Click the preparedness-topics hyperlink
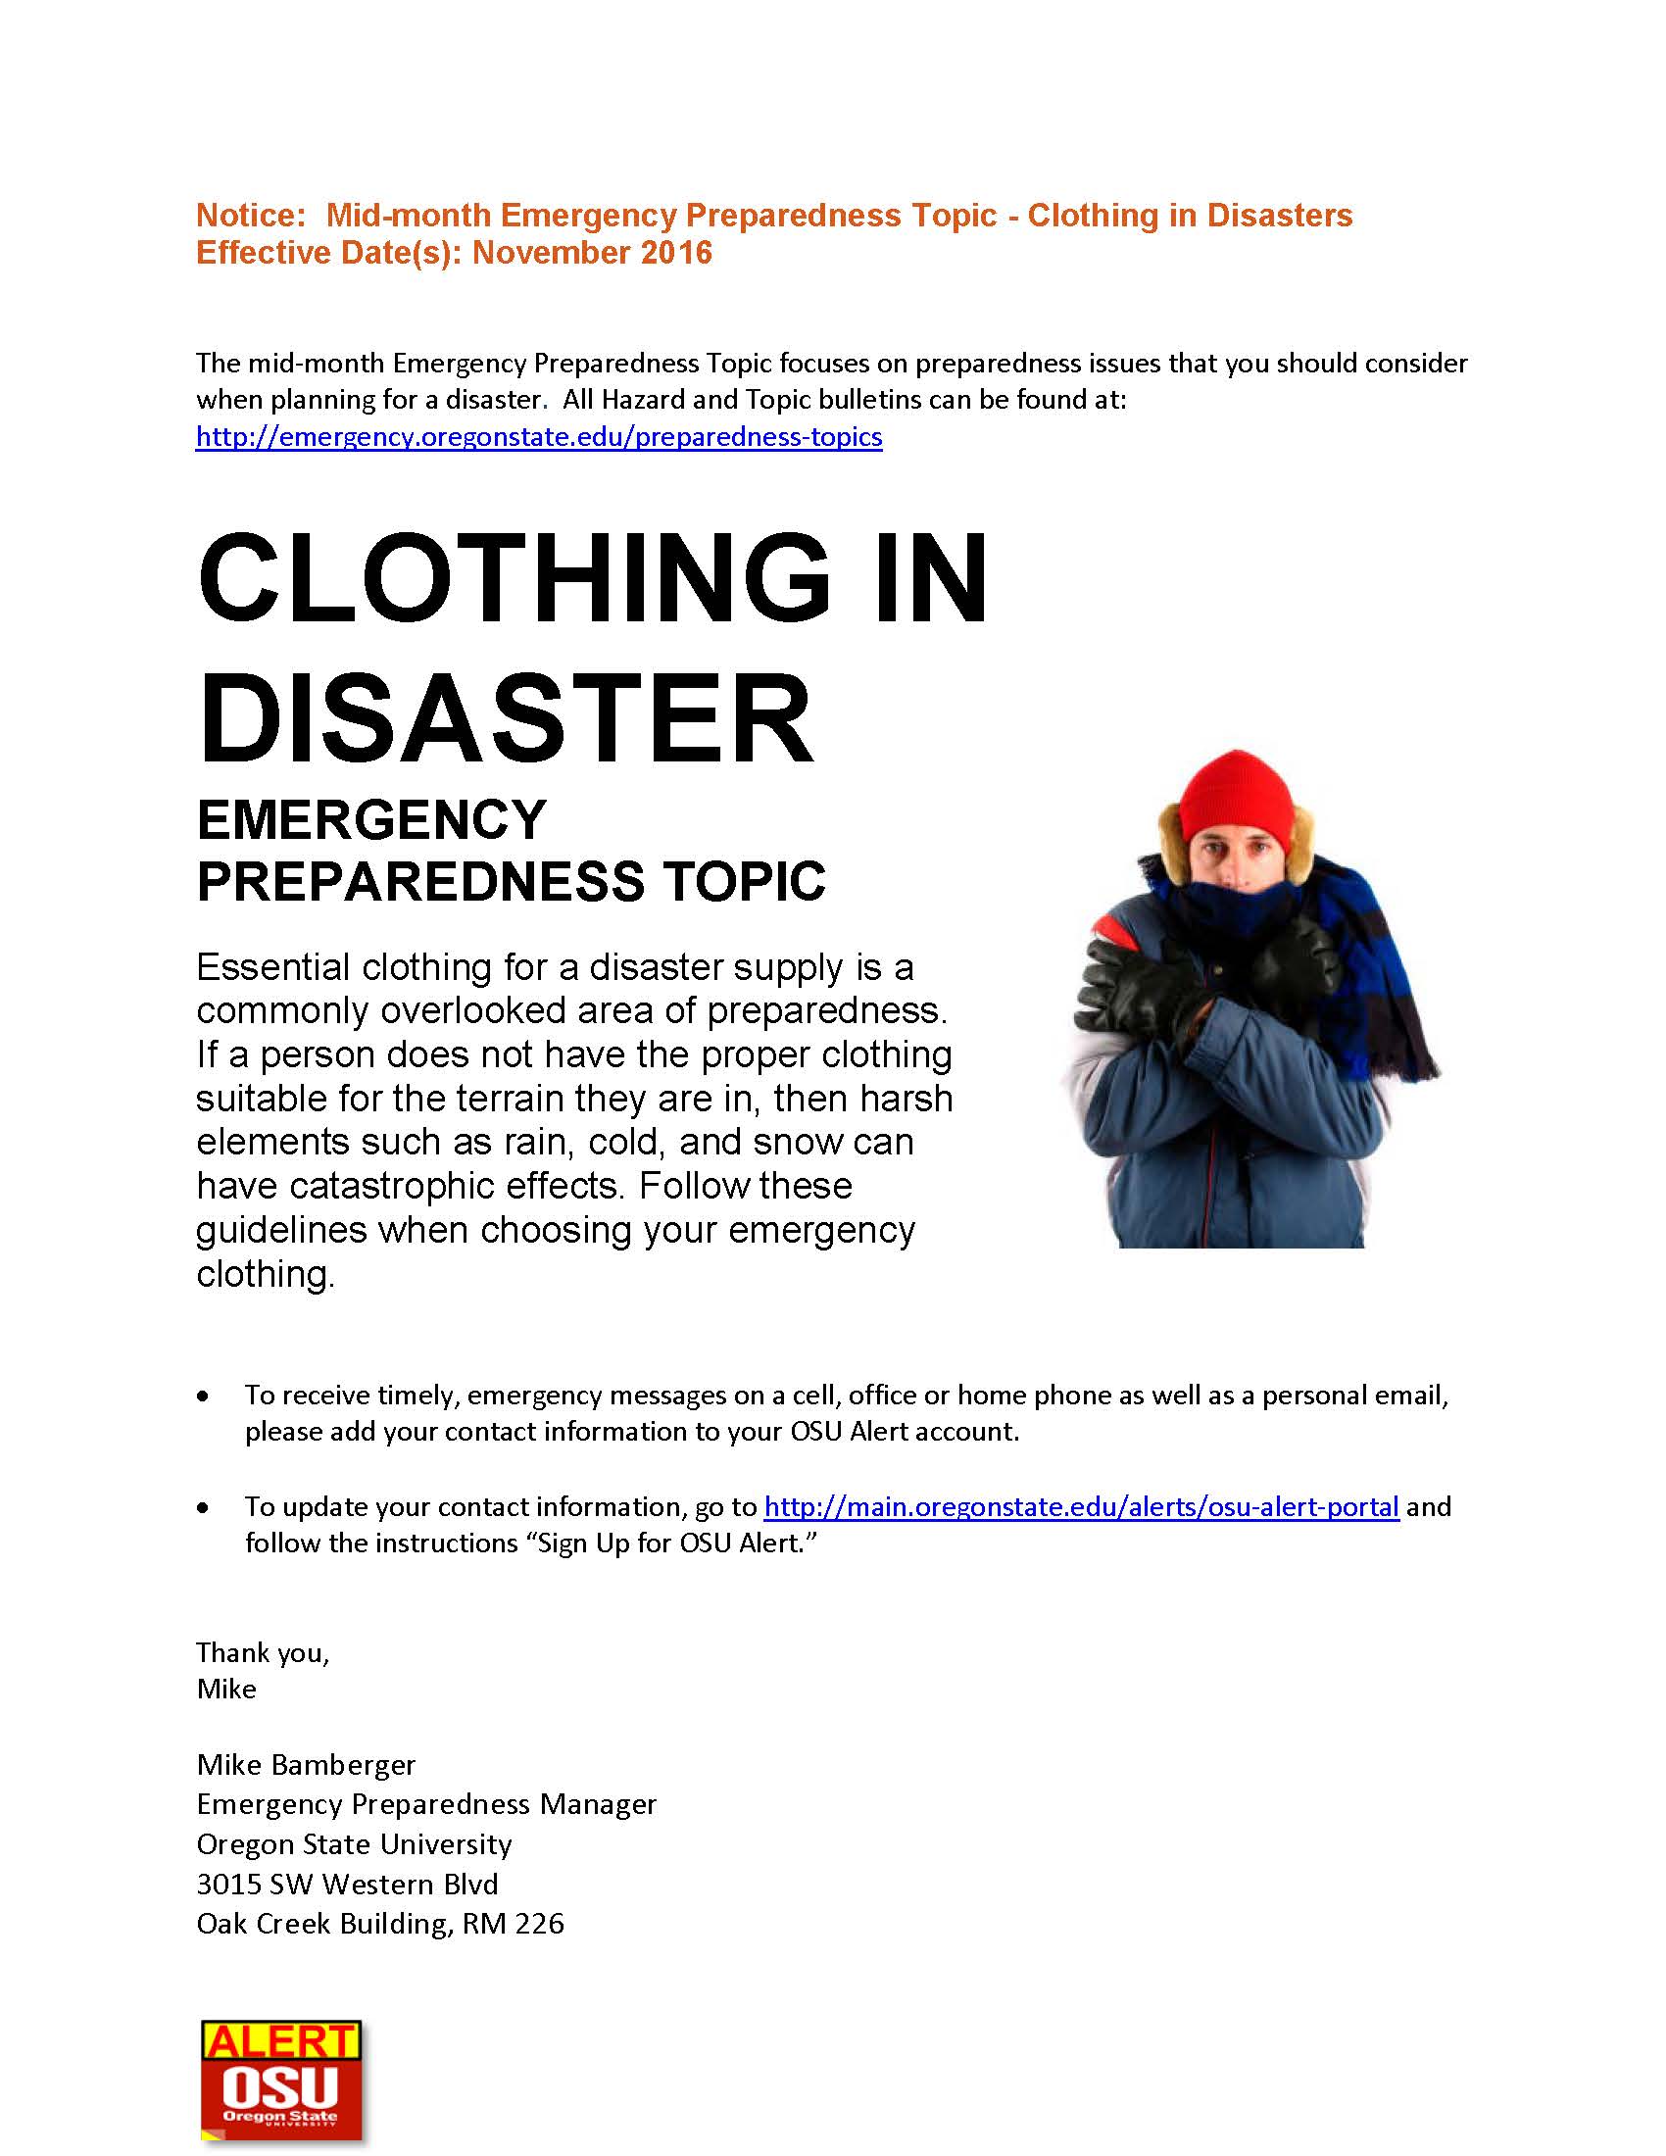539,436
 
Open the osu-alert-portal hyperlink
1082,1506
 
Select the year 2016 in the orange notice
676,253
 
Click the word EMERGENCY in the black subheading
372,820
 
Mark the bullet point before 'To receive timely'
203,1396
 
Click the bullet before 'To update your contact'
203,1508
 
